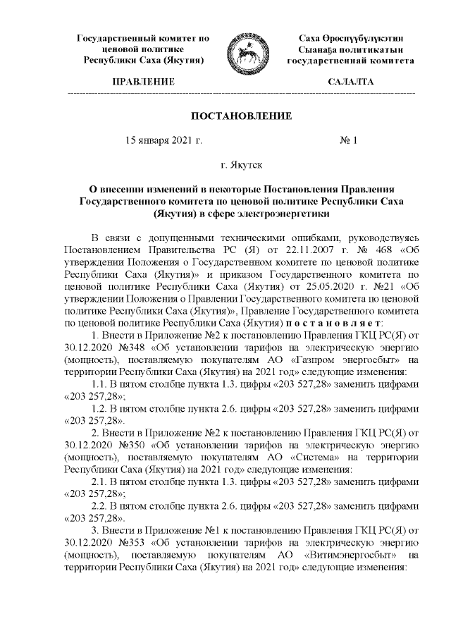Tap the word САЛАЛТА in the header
350,82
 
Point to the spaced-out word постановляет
337,322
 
